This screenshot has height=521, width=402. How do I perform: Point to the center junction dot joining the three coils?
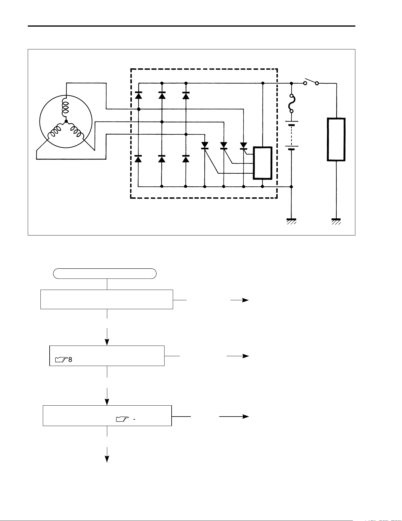(66, 121)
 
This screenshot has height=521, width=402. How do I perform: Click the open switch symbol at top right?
(311, 82)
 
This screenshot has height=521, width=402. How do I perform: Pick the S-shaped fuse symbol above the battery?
(291, 103)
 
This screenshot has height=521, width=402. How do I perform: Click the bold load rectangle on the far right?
(336, 140)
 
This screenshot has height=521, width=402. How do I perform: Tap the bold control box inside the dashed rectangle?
(263, 163)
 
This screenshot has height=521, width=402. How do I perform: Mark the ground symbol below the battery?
(291, 222)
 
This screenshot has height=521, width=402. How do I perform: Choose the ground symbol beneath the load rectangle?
(336, 222)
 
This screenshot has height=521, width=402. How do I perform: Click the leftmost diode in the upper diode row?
(138, 95)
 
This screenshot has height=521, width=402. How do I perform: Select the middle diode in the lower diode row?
(162, 159)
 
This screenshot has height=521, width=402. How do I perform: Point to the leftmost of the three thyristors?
(205, 145)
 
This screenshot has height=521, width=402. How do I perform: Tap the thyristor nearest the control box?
(243, 145)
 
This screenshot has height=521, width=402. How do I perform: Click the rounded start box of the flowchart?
(105, 274)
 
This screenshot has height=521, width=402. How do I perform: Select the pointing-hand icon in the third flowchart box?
(123, 419)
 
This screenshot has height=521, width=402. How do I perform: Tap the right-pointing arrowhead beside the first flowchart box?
(245, 300)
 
